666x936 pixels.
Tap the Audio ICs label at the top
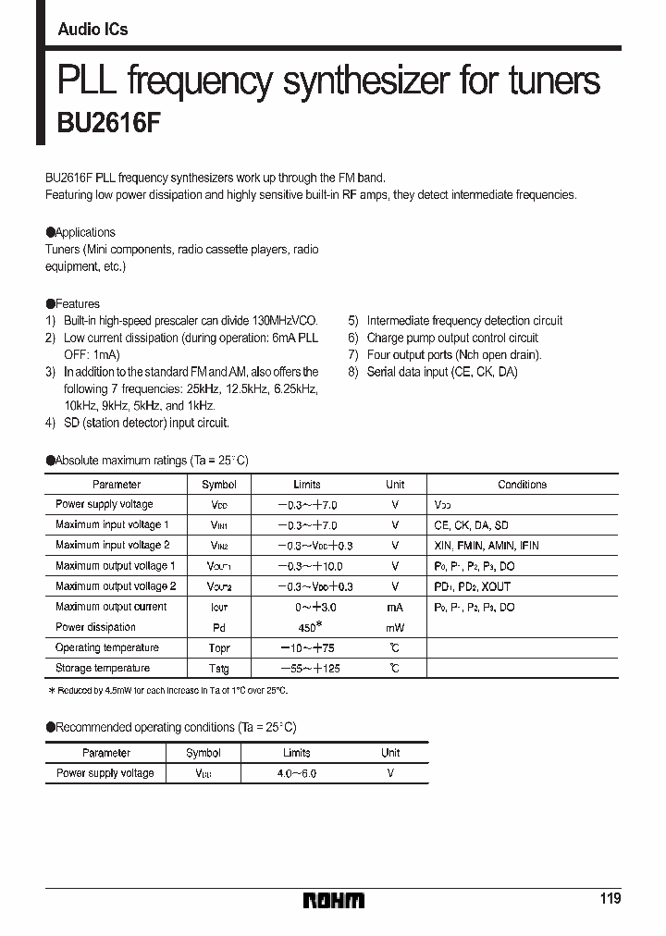coord(92,30)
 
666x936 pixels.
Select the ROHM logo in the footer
coord(334,900)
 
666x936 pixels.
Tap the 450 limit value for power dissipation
coord(307,627)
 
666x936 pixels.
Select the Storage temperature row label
coord(102,668)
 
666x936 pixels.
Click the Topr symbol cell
coord(219,647)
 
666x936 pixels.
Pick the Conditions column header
coord(522,485)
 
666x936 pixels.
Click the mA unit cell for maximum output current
coord(395,607)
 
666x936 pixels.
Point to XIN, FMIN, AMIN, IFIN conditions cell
coord(486,546)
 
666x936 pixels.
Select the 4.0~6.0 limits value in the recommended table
coord(296,773)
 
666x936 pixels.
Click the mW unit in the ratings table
coord(395,627)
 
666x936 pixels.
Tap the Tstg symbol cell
coord(219,668)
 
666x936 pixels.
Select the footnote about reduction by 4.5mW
coord(168,691)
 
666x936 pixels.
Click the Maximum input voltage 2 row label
coord(112,546)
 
